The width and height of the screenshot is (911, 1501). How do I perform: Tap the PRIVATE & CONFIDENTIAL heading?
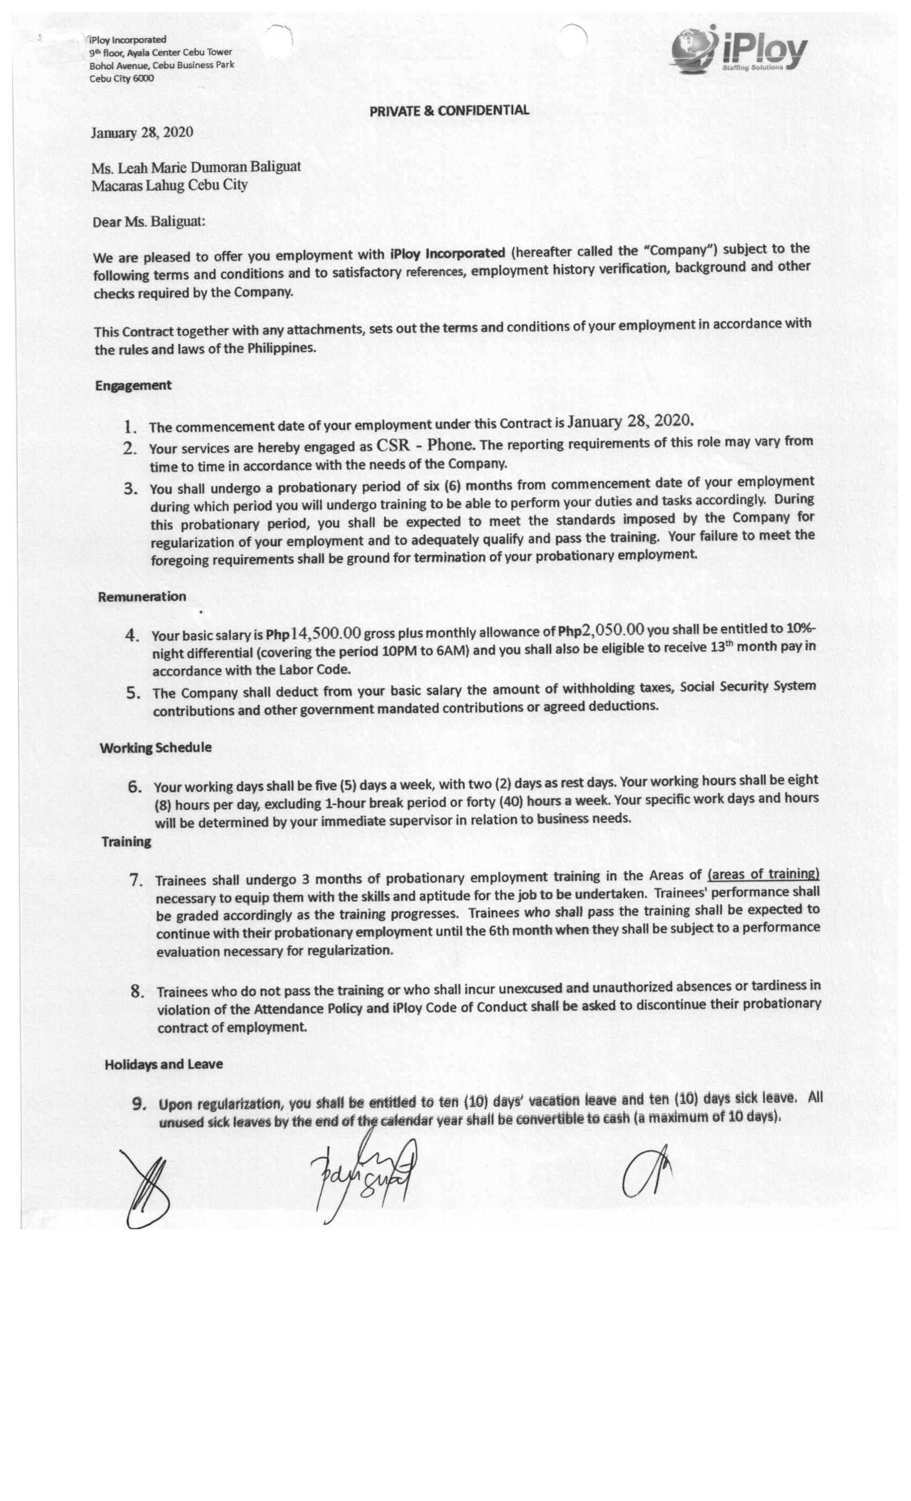pos(449,110)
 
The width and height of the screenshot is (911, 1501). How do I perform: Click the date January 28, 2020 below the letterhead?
pos(142,133)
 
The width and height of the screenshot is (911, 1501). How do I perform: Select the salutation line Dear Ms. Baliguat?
pos(148,222)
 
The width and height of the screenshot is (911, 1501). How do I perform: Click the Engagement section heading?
pos(133,385)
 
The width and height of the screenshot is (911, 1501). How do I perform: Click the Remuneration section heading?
pos(142,596)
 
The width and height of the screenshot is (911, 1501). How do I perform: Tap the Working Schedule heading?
pos(155,747)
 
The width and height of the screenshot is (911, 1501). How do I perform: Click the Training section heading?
pos(126,842)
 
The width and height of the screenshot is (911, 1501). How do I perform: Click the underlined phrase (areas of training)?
pos(763,874)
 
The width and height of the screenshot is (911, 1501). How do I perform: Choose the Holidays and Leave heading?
pos(163,1064)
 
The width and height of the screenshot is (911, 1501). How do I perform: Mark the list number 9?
pos(139,1104)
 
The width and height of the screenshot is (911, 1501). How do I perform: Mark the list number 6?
pos(135,786)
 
